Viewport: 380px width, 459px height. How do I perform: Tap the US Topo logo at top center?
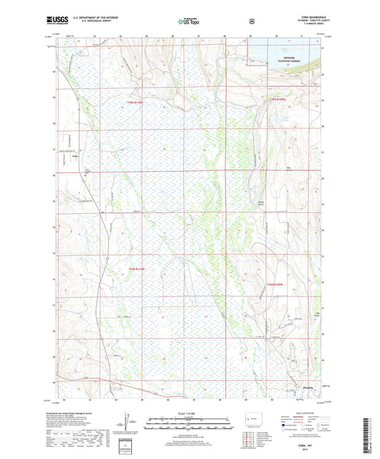click(x=188, y=22)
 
